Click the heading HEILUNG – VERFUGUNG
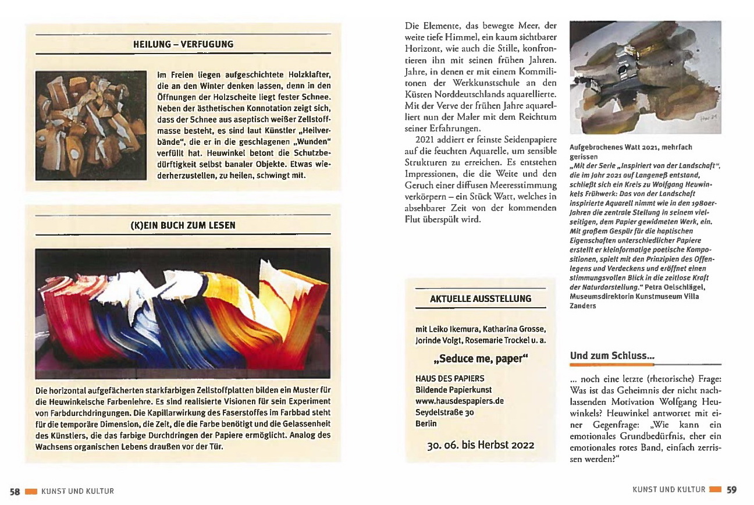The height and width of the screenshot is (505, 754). click(x=183, y=44)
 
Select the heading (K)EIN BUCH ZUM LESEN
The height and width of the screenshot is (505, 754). click(x=183, y=225)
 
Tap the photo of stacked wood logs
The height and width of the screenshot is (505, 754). click(x=90, y=125)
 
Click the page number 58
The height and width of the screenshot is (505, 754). click(x=15, y=491)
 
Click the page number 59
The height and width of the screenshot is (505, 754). click(x=731, y=490)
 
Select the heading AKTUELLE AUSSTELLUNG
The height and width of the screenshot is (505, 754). click(x=481, y=298)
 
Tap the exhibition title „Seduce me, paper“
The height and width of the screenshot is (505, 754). click(x=481, y=358)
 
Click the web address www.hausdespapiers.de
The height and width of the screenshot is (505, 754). click(x=460, y=401)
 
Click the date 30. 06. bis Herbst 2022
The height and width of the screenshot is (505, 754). click(x=481, y=446)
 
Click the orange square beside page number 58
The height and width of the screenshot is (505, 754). click(x=31, y=491)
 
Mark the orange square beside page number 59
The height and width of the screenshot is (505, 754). click(x=716, y=490)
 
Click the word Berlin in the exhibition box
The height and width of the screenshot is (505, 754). click(x=426, y=424)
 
